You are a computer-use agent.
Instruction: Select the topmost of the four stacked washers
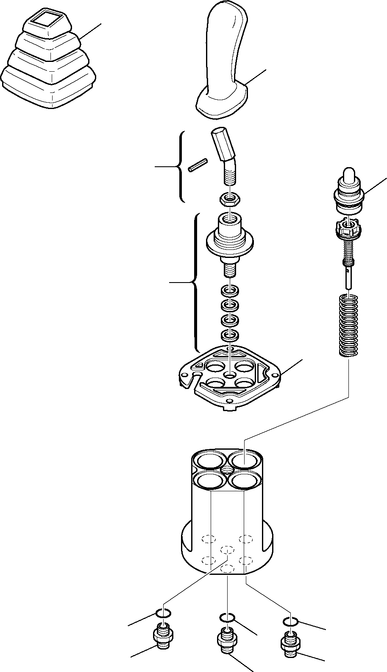[x=229, y=291]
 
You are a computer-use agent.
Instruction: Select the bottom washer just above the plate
[x=229, y=336]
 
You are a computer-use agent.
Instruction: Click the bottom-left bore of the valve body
[x=210, y=480]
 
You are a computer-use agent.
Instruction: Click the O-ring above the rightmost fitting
[x=290, y=622]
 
